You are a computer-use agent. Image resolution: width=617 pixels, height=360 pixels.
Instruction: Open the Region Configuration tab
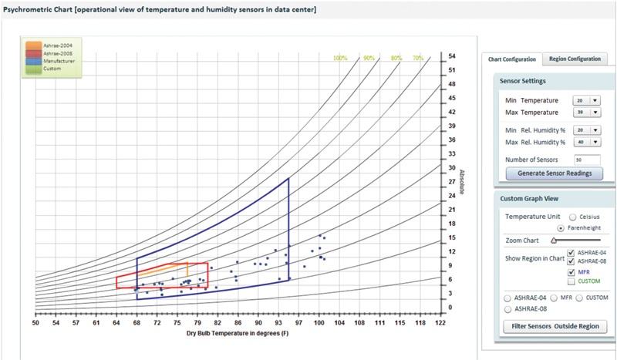(x=575, y=59)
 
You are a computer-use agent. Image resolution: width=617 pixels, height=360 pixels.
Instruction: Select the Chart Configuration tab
(x=512, y=59)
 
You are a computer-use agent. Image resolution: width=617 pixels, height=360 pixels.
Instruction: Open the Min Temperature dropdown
(x=586, y=100)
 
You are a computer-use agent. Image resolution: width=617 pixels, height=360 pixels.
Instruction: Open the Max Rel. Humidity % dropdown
(x=586, y=142)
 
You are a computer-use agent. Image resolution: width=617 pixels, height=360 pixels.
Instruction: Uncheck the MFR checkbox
(x=570, y=272)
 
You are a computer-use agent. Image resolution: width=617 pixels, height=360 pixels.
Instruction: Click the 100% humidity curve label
(x=340, y=58)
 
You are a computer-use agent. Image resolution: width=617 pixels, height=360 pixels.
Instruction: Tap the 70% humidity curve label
(x=417, y=58)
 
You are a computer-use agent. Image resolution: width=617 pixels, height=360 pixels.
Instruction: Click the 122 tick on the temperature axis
(x=440, y=324)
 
